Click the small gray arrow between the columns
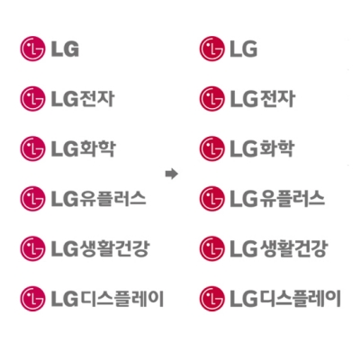point(172,174)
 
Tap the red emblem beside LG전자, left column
point(32,99)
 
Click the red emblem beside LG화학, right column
point(211,148)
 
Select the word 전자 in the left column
point(97,99)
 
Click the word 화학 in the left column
point(97,148)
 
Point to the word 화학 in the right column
point(276,148)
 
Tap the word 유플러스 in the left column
point(112,199)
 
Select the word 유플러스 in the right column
point(292,199)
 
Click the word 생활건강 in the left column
point(114,248)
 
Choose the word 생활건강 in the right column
point(293,248)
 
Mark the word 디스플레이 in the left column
point(122,299)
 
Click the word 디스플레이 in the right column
point(301,299)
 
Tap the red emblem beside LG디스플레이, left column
point(32,299)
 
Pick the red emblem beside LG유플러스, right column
point(211,199)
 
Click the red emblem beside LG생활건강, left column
point(32,248)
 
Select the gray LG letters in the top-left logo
point(65,49)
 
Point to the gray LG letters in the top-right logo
point(244,49)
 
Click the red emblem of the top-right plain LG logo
point(211,49)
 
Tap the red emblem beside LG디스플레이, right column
point(211,299)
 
